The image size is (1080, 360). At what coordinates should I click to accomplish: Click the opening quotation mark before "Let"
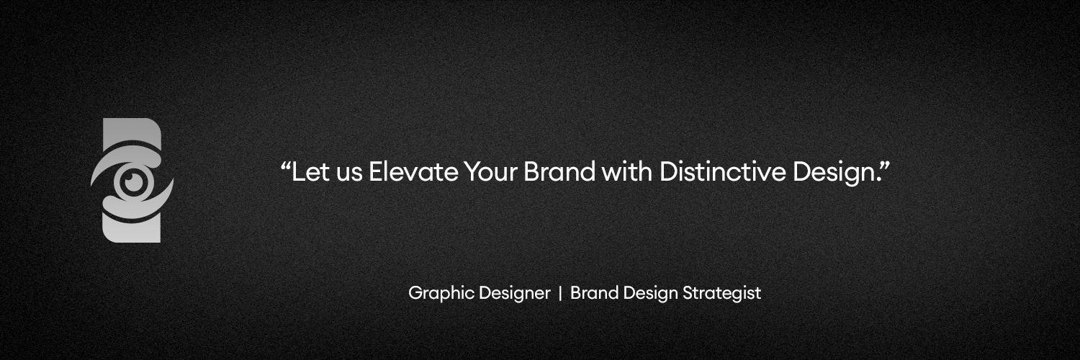tap(285, 166)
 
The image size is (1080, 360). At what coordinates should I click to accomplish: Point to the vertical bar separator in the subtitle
tap(560, 294)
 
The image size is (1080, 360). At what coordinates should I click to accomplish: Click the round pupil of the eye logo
tap(132, 181)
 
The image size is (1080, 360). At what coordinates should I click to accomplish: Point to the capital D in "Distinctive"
tap(667, 173)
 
